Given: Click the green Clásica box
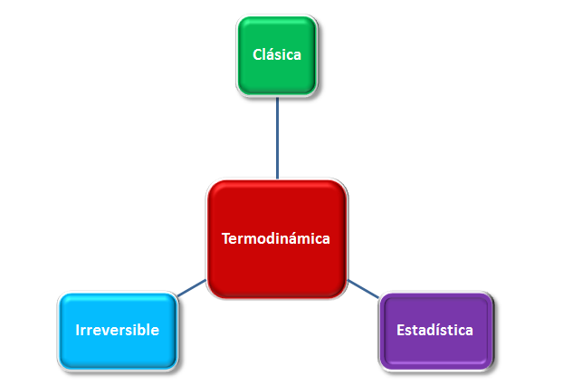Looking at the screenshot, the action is [277, 55].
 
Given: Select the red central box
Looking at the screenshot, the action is [277, 238].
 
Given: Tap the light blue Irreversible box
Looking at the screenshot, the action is [118, 331].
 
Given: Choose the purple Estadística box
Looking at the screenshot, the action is [436, 331].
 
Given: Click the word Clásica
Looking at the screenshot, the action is [277, 54].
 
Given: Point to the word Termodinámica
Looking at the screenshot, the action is [276, 238].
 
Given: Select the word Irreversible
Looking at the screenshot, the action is [118, 330].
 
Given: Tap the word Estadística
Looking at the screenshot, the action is [434, 330].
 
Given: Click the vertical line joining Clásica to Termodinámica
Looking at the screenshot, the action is [277, 138].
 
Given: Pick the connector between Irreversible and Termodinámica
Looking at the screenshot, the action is [192, 288].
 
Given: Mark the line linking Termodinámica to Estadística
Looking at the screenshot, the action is [363, 289].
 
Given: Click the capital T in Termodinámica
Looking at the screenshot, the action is [226, 239].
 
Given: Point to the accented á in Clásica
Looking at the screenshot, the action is [272, 54].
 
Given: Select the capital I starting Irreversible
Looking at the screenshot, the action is [77, 330].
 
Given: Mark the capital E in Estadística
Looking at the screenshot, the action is [400, 330].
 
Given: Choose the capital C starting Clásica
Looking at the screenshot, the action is [257, 54].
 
